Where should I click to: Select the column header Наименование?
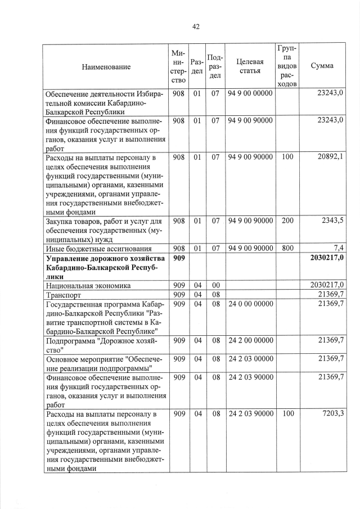[x=106, y=67]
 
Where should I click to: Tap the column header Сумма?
[x=322, y=66]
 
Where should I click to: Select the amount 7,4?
[x=338, y=248]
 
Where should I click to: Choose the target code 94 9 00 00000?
[x=250, y=93]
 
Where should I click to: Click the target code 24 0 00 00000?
[x=250, y=304]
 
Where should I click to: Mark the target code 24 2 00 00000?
[x=250, y=340]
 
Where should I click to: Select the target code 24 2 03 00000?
[x=250, y=358]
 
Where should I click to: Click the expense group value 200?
[x=287, y=221]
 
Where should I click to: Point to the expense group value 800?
[x=287, y=248]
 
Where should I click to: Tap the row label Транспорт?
[x=64, y=295]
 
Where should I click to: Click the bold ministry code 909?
[x=179, y=258]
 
